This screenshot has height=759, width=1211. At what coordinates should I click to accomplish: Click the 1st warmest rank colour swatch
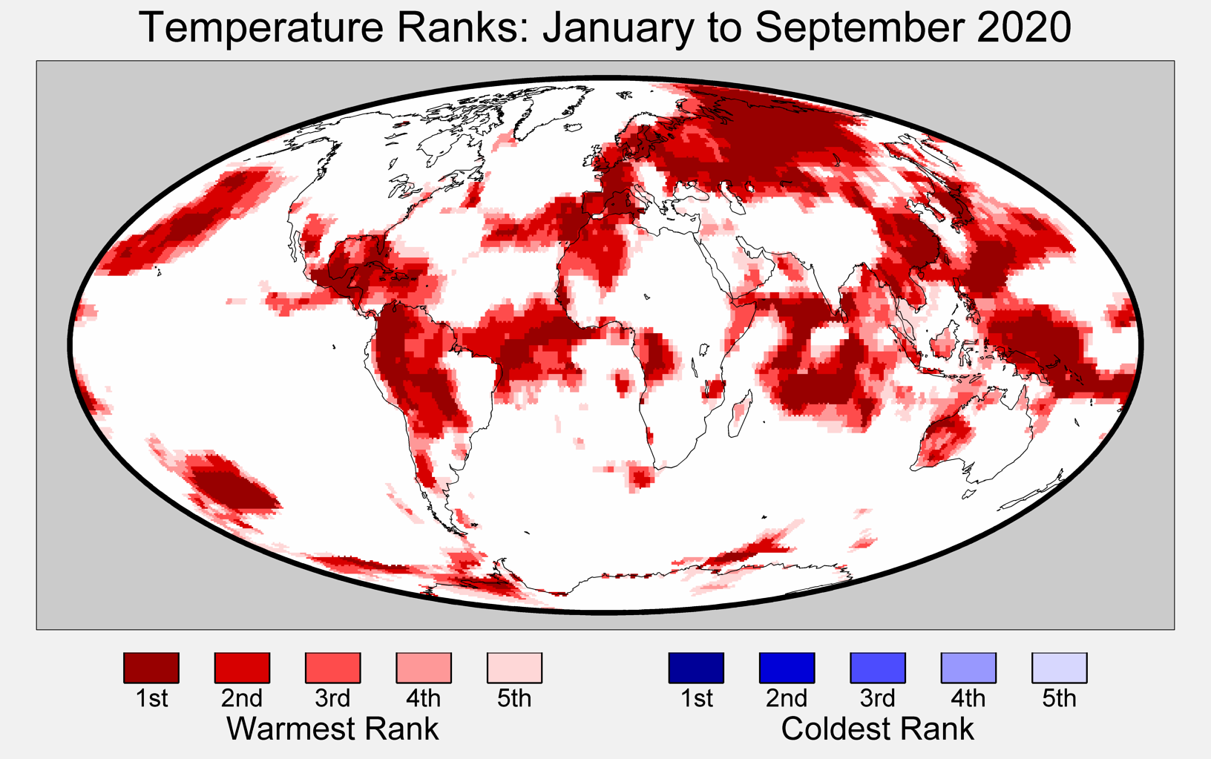151,668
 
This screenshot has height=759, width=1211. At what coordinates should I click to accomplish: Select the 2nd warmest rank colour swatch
242,668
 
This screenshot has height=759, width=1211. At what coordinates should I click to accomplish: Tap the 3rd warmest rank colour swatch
332,668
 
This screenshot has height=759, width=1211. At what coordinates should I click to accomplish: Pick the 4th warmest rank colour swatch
424,668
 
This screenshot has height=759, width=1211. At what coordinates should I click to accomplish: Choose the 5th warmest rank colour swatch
514,668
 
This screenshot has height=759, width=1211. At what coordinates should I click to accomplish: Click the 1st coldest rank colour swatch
696,668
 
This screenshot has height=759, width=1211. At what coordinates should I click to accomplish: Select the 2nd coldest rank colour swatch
787,668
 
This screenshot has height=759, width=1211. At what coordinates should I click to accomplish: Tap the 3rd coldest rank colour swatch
878,668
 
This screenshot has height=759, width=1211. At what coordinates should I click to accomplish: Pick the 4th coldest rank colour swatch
968,668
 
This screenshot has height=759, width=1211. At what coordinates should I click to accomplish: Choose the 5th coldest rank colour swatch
1059,668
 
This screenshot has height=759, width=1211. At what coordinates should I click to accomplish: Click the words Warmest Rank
332,729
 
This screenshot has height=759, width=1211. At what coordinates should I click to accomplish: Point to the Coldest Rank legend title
877,729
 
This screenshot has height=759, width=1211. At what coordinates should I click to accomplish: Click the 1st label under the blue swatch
696,699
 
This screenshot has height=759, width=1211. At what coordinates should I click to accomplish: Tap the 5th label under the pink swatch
514,699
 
